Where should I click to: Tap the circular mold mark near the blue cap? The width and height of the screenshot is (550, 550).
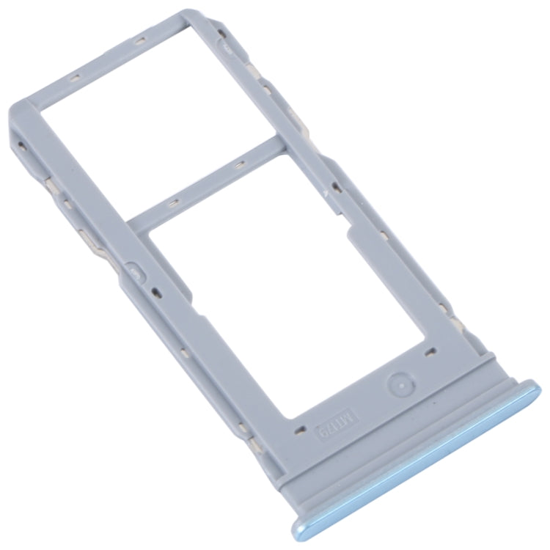[398, 382]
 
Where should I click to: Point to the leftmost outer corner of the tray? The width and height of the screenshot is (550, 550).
[11, 136]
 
